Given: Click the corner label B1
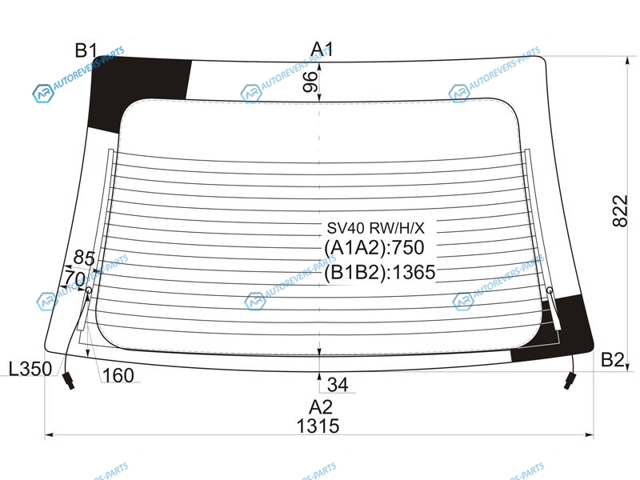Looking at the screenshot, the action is [x=86, y=50].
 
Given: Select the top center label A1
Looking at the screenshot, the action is [x=322, y=50].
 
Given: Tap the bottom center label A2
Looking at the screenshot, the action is [x=321, y=407].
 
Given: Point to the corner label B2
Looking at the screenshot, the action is [x=612, y=359].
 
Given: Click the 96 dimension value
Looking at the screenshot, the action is [x=310, y=82].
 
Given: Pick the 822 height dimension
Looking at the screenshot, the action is [x=619, y=210].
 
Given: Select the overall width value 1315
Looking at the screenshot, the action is [x=318, y=426].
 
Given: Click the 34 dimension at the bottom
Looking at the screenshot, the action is [x=338, y=385].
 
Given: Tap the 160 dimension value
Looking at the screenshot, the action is [x=118, y=375].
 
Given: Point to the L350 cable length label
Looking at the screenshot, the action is [x=30, y=369].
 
